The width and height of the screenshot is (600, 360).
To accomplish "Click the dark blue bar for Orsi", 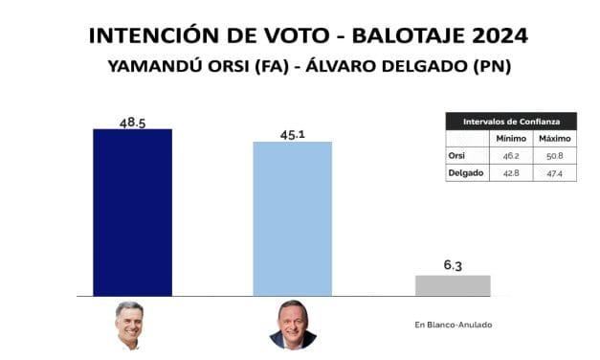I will (132, 212).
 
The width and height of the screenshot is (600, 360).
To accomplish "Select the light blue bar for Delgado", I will (292, 218).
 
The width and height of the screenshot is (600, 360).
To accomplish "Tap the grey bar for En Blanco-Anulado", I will (452, 285).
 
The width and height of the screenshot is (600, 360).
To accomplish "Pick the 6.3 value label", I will (452, 265).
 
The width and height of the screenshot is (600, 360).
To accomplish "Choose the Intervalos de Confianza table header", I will (512, 123).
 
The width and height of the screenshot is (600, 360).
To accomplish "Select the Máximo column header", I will (555, 139).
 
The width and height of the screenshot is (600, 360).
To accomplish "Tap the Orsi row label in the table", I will (457, 156).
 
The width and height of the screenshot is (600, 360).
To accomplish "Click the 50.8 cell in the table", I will (555, 156).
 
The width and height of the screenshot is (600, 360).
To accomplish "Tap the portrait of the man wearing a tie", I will (293, 326).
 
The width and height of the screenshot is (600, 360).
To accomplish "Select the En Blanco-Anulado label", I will (453, 326).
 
